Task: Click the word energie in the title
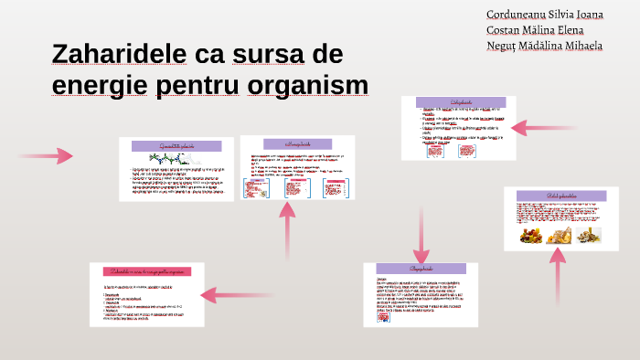[101, 85]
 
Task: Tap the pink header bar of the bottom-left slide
[146, 271]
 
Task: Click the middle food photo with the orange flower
[558, 236]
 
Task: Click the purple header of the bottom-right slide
[421, 270]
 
